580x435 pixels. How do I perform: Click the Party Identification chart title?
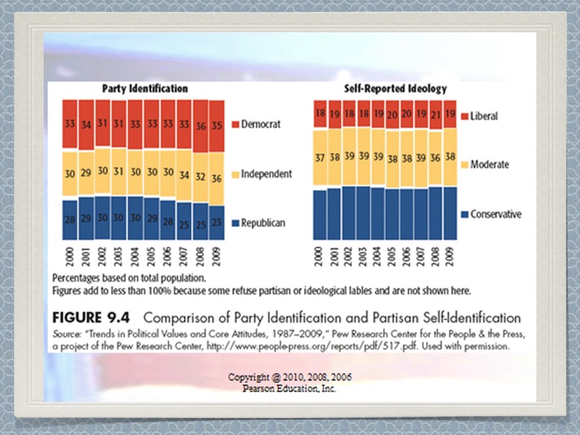[144, 89]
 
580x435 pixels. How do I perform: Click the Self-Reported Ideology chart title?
[395, 89]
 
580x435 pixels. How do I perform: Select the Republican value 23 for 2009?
[216, 222]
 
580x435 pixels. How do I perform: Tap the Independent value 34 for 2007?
[184, 176]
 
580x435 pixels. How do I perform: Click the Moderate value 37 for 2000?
[320, 158]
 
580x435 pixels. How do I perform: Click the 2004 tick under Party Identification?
[134, 257]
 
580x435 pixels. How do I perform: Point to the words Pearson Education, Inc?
[289, 389]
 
